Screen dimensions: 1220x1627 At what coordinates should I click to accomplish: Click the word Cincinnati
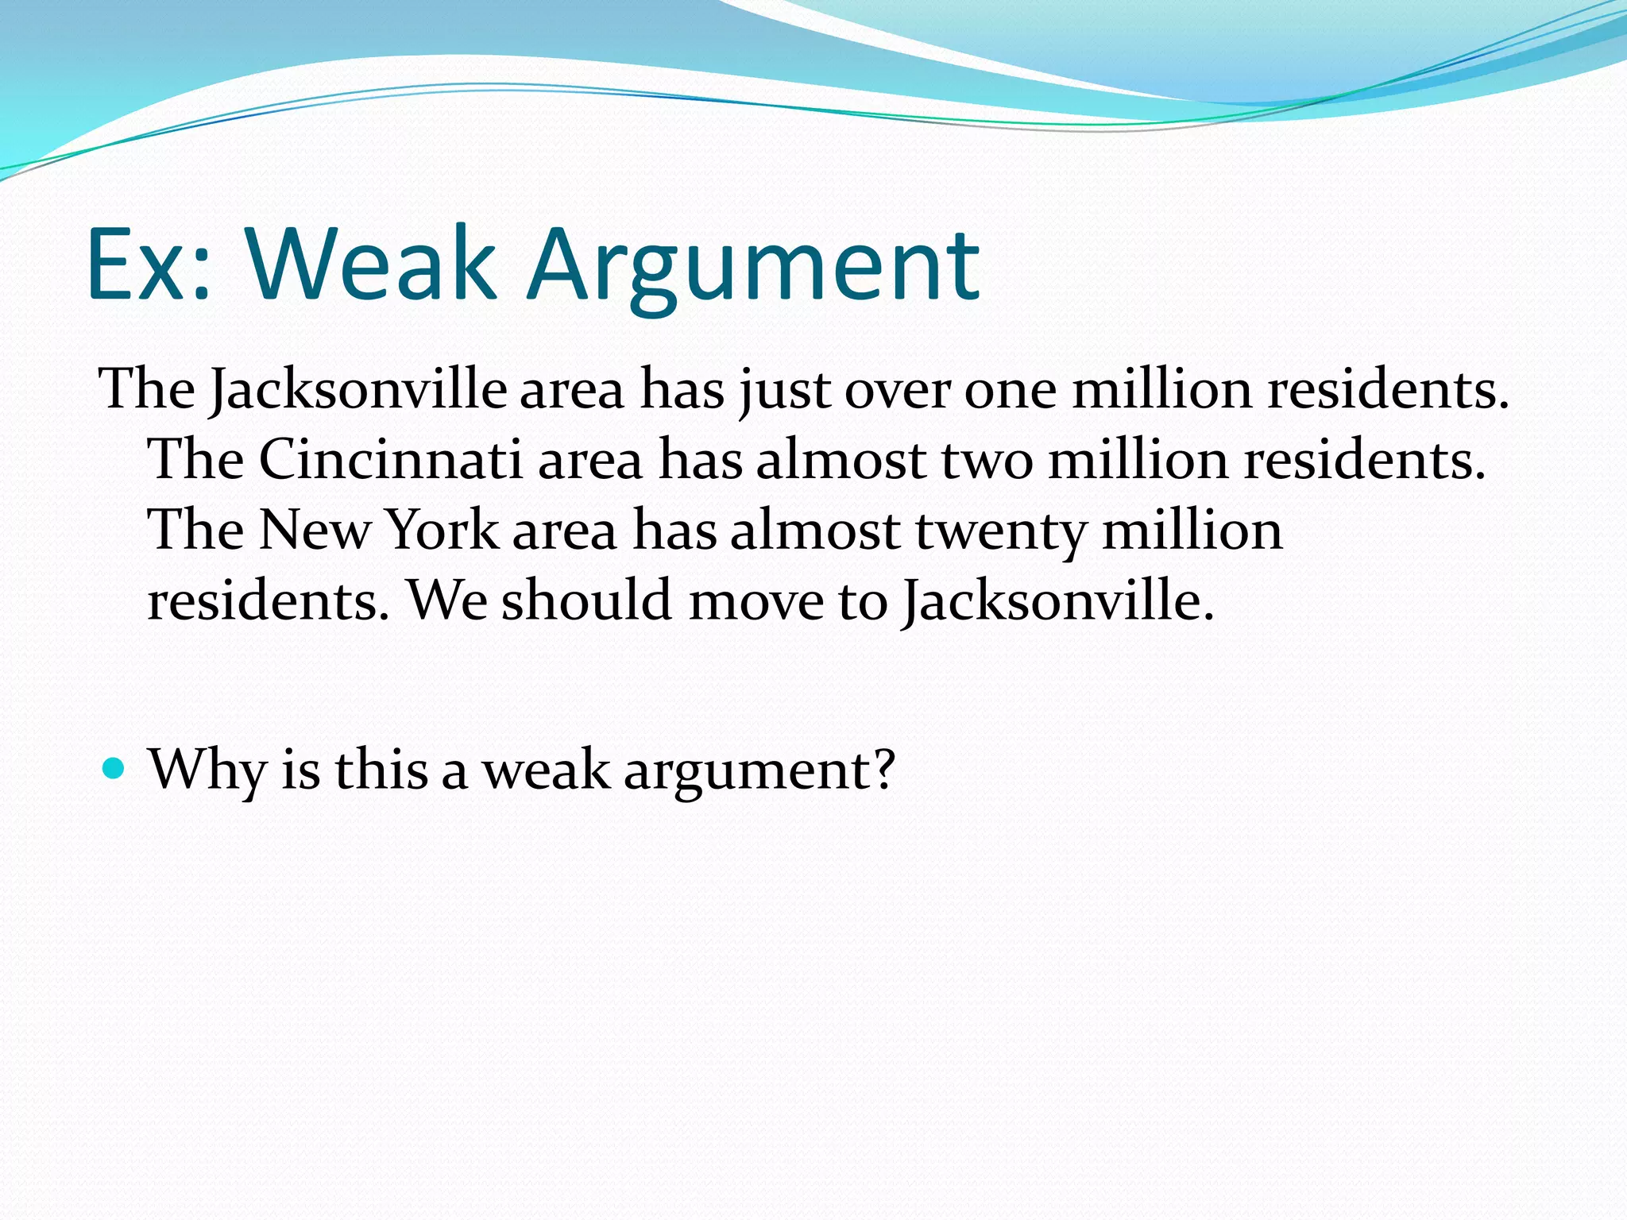click(x=390, y=459)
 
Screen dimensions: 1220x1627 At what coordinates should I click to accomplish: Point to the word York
click(x=442, y=530)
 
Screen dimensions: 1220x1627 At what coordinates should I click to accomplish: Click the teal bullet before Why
click(x=114, y=769)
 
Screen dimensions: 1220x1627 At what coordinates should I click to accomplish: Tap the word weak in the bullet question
click(x=547, y=769)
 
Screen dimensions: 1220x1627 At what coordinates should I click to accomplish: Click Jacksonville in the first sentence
click(x=357, y=389)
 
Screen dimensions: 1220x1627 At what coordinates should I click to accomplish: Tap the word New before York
click(x=315, y=530)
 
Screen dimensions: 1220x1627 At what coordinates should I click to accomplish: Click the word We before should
click(x=447, y=600)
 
